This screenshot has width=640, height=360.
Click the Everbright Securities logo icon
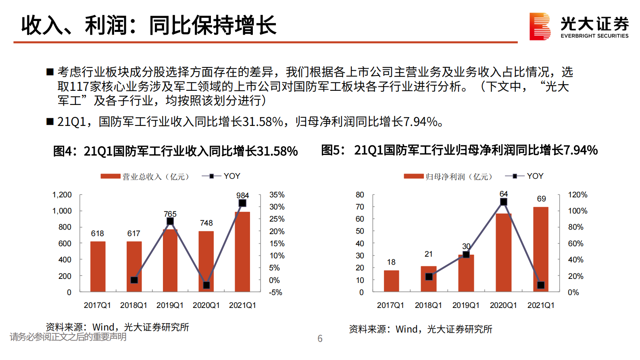point(540,27)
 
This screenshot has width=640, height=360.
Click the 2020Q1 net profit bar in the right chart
point(503,252)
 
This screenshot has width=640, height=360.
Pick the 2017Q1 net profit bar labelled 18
point(391,281)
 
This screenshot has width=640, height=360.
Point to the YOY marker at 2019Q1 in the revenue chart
point(170,221)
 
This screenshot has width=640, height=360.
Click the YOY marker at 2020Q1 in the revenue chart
point(206,285)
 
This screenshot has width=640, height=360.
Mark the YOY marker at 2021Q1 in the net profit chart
point(541,285)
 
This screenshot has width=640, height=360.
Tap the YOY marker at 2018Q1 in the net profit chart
point(429,276)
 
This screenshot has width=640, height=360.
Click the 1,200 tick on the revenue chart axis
point(62,195)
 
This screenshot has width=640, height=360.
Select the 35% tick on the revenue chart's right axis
point(277,195)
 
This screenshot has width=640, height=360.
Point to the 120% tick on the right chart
point(577,195)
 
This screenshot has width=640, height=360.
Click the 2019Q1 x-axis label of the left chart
point(170,306)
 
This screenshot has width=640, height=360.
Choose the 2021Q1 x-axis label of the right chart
point(541,306)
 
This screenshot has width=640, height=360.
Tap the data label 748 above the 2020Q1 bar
point(206,223)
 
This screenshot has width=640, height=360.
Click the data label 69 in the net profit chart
point(541,199)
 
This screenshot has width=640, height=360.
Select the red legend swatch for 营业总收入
point(110,176)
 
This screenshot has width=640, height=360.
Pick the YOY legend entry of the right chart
point(524,176)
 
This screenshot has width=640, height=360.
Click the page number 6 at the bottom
point(320,339)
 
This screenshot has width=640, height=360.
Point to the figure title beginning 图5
point(459,151)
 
